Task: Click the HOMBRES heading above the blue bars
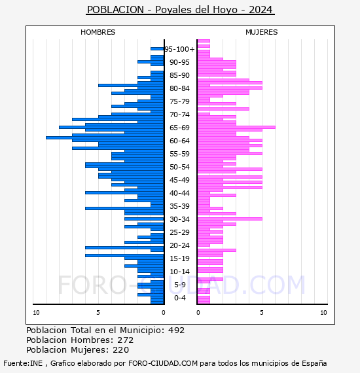click(x=98, y=32)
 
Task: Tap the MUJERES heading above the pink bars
click(x=262, y=32)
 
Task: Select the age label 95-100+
click(x=179, y=49)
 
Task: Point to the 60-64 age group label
click(x=179, y=141)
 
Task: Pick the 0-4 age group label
click(x=179, y=298)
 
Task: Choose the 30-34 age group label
click(x=179, y=219)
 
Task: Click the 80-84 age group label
click(x=179, y=88)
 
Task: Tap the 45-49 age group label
click(x=179, y=180)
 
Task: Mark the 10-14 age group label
click(x=179, y=272)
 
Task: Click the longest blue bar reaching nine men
click(x=105, y=137)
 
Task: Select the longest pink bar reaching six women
click(x=236, y=127)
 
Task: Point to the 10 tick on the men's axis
click(x=36, y=313)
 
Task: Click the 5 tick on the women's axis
click(x=262, y=313)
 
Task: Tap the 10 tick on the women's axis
click(x=323, y=313)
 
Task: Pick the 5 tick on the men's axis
click(x=98, y=313)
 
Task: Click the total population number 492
click(x=176, y=330)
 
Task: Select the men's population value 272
click(x=126, y=340)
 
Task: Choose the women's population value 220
click(x=120, y=350)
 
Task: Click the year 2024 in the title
click(x=261, y=10)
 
